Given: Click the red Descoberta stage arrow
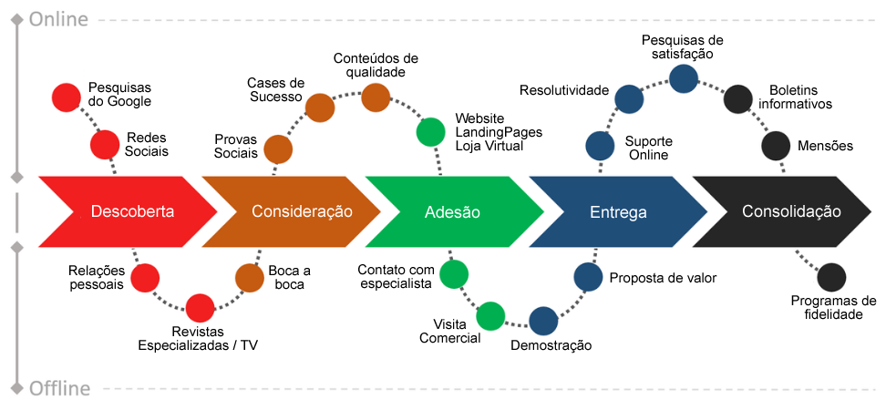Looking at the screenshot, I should tap(128, 211).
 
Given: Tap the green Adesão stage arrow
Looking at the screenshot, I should tap(452, 211).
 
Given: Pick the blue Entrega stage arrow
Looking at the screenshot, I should tap(618, 211).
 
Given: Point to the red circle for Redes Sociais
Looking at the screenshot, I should tap(105, 144).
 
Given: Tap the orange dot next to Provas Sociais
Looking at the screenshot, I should tap(278, 149).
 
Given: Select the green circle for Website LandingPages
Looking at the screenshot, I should tap(430, 131).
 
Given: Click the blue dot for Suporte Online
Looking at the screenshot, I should tap(599, 145).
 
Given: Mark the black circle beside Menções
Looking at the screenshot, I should tap(776, 145).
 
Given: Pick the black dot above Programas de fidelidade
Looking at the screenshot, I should tap(831, 277).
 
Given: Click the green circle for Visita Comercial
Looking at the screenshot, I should tap(490, 316).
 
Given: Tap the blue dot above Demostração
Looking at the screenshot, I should tap(543, 321).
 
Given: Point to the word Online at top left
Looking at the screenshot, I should tap(59, 19).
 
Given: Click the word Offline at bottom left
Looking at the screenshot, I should tap(59, 389).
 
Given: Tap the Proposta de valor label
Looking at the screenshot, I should tap(663, 278).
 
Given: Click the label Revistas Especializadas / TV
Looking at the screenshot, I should tap(198, 338).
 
